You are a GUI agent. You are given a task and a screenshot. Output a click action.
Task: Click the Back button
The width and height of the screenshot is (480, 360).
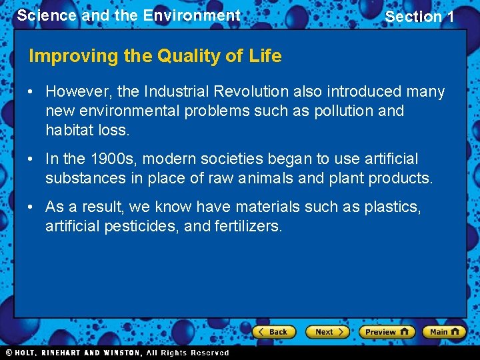(x=273, y=331)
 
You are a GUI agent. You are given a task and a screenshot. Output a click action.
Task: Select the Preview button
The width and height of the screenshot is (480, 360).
(x=386, y=331)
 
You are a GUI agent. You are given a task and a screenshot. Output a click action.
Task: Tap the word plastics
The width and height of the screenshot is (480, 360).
(x=393, y=207)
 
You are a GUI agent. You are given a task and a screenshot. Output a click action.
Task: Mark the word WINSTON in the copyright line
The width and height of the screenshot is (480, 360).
(x=120, y=353)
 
